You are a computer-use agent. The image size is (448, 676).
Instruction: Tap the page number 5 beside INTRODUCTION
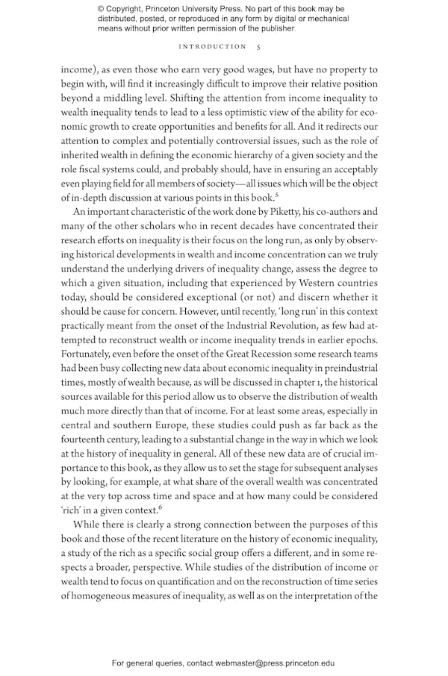point(258,46)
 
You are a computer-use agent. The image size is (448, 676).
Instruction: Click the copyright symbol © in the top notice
point(102,9)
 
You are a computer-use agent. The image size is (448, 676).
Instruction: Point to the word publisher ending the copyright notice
point(276,28)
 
